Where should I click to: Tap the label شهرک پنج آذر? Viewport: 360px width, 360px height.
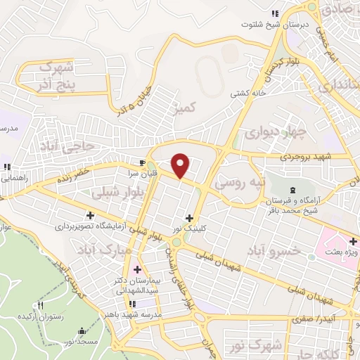[x=56, y=75]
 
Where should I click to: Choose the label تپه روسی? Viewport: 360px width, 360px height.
[x=241, y=185]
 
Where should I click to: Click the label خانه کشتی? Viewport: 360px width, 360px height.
[x=249, y=93]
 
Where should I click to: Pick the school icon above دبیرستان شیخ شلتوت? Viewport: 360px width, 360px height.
[x=276, y=13]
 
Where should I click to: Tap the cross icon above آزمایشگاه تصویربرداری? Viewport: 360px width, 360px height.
[x=90, y=215]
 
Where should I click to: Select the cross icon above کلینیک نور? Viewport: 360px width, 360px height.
[x=189, y=218]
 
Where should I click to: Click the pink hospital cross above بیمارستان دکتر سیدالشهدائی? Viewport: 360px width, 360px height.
[x=136, y=269]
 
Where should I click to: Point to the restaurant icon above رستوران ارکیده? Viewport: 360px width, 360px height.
[x=40, y=305]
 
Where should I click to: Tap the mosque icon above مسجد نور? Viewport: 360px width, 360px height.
[x=83, y=331]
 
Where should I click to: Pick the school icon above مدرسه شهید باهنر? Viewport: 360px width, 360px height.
[x=132, y=304]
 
